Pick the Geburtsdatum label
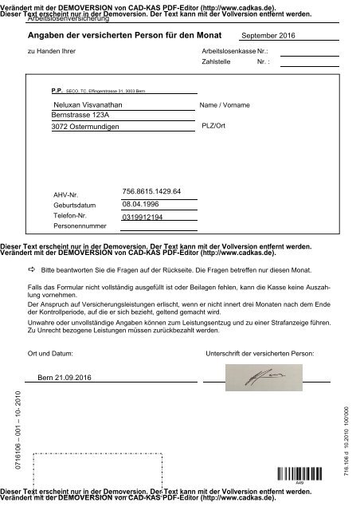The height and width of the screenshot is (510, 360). click(73, 206)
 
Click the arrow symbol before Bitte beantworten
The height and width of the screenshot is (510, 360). click(31, 272)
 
